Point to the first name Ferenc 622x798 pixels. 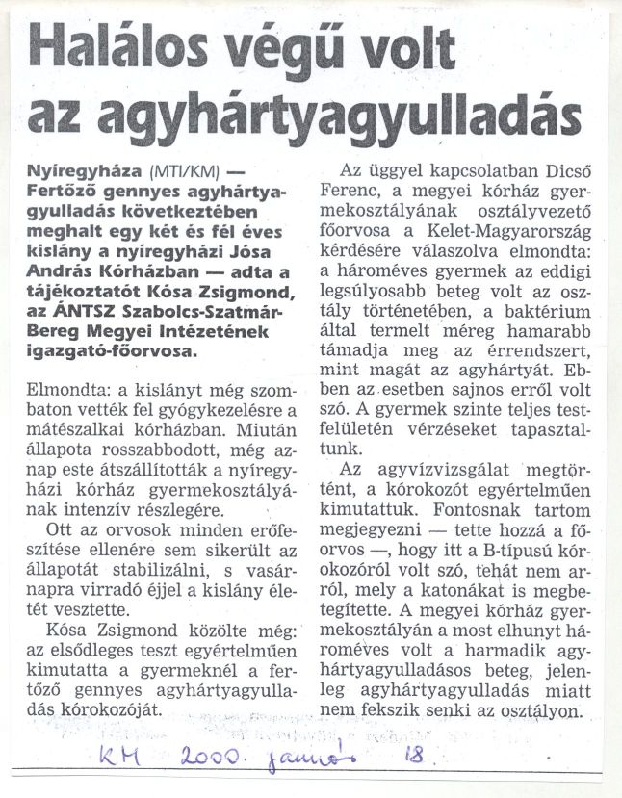coord(344,190)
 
